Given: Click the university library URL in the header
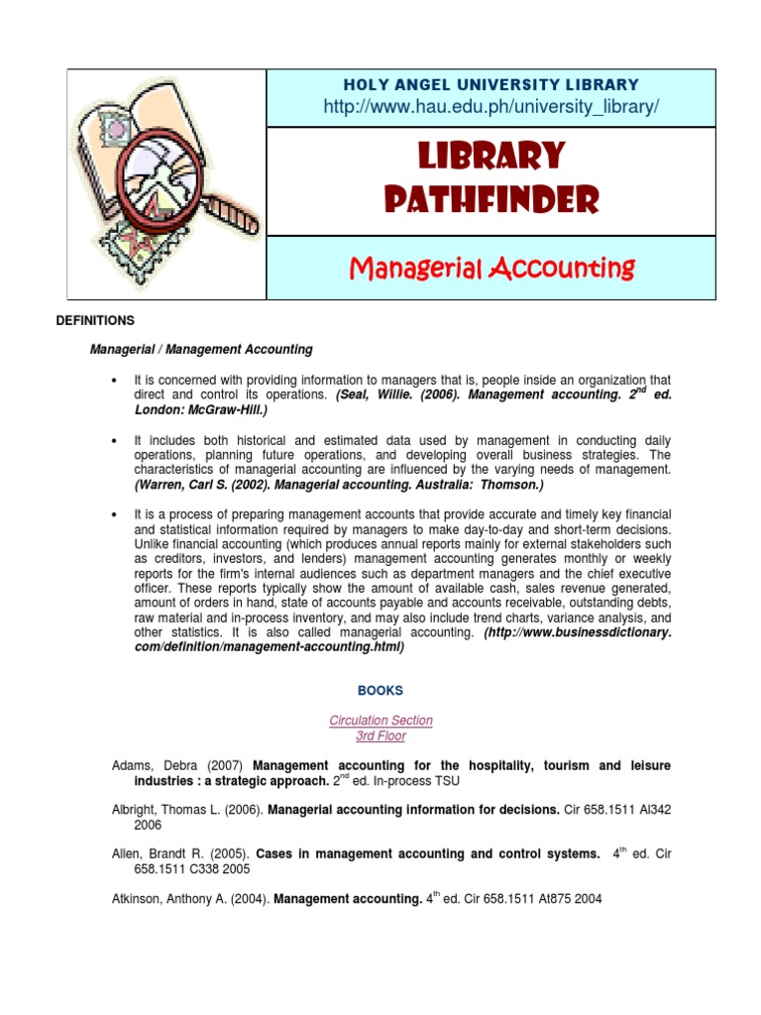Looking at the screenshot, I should (x=491, y=107).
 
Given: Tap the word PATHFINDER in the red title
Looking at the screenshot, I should (x=491, y=201).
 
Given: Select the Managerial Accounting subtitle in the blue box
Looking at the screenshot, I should (x=491, y=268).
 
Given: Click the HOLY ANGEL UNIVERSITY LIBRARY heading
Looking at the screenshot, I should (x=491, y=85).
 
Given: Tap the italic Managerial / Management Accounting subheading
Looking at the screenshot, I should (x=201, y=349).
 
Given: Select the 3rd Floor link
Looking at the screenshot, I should (x=380, y=736).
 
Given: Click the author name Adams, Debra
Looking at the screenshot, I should (x=148, y=765).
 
